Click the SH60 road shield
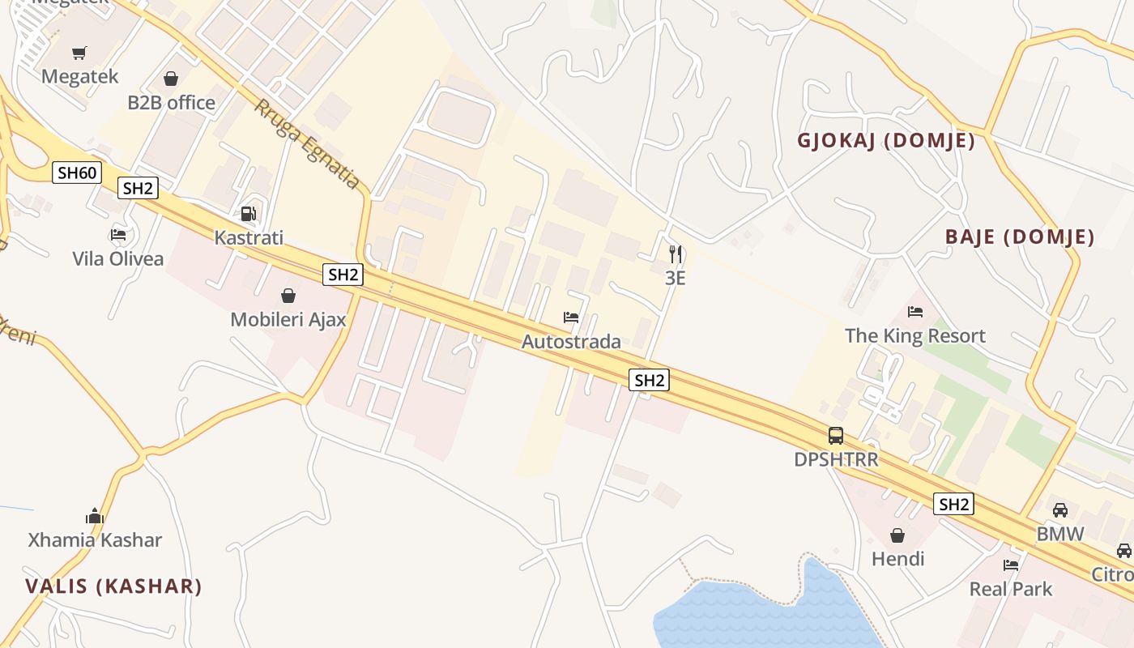pos(77,173)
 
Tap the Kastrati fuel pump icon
pos(249,215)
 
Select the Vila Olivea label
pos(118,259)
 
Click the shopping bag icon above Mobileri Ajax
pos(288,296)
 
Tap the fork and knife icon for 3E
pos(676,254)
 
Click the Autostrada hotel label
pos(571,342)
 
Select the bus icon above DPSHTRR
pos(836,436)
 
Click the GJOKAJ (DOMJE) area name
pos(886,141)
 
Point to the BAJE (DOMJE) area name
pos(1020,237)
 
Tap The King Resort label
pos(915,335)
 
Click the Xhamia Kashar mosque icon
pos(95,517)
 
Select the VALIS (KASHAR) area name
pos(113,586)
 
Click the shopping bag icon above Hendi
pos(897,535)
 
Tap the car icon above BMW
pos(1060,510)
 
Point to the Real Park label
pos(1011,589)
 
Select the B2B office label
pos(172,103)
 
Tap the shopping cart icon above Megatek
pos(79,53)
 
